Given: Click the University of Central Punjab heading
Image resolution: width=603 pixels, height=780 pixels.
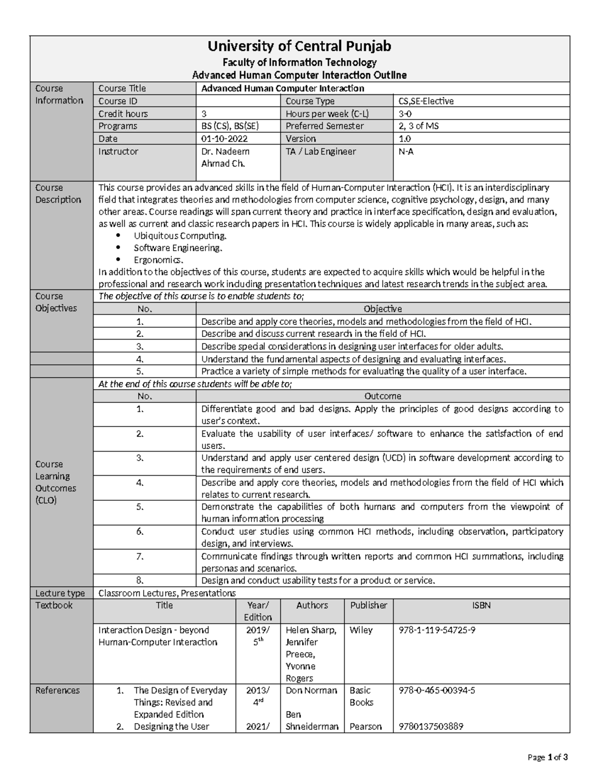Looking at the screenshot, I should coord(299,47).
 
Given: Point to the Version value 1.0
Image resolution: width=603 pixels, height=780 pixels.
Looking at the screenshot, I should coord(405,139).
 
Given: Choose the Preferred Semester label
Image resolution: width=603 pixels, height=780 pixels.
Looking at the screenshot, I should coord(325,126).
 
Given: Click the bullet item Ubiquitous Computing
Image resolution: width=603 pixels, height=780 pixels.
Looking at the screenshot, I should coord(180,236).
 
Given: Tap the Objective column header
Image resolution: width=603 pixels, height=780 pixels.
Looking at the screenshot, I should coord(382,309).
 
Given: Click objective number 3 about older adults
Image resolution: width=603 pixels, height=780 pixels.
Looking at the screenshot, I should coord(351,346).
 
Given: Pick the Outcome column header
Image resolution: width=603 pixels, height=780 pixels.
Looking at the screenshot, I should coord(382,396).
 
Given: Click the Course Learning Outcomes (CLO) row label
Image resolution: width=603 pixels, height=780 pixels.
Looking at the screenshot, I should coord(56,482).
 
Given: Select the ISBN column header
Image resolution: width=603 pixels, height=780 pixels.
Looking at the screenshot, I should coord(481,605).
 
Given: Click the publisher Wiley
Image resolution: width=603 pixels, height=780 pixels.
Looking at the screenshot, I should coord(361,630).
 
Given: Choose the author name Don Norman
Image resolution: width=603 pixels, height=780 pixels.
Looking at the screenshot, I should coord(311,690).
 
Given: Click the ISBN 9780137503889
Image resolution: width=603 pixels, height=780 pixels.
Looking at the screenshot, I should coord(431,726).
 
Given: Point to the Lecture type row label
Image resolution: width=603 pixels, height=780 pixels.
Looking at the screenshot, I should coord(60,593).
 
